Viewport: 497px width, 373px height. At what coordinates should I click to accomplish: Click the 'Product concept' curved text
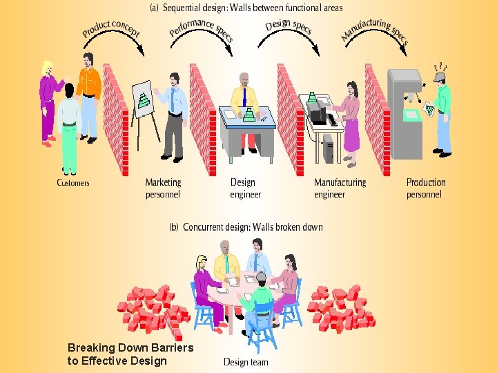point(110,28)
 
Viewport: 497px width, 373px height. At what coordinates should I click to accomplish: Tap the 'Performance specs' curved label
point(201,28)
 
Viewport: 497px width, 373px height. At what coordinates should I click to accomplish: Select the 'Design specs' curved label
point(289,26)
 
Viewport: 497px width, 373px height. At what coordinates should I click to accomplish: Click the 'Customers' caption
point(73,183)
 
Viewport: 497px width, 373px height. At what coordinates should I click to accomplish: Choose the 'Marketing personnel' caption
point(163,189)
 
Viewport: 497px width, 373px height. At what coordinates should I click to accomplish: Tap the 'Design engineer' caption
point(245,189)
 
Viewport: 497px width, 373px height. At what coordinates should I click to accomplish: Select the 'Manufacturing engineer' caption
point(340,189)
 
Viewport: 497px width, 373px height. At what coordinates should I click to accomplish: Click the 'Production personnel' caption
point(426,189)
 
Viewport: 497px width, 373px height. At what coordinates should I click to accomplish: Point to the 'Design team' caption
point(246,362)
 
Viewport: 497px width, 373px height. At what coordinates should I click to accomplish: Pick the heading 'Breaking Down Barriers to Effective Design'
point(130,354)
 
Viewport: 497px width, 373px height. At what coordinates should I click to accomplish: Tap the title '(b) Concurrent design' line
point(246,227)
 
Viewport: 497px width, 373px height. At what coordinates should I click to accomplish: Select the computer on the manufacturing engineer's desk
point(318,111)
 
